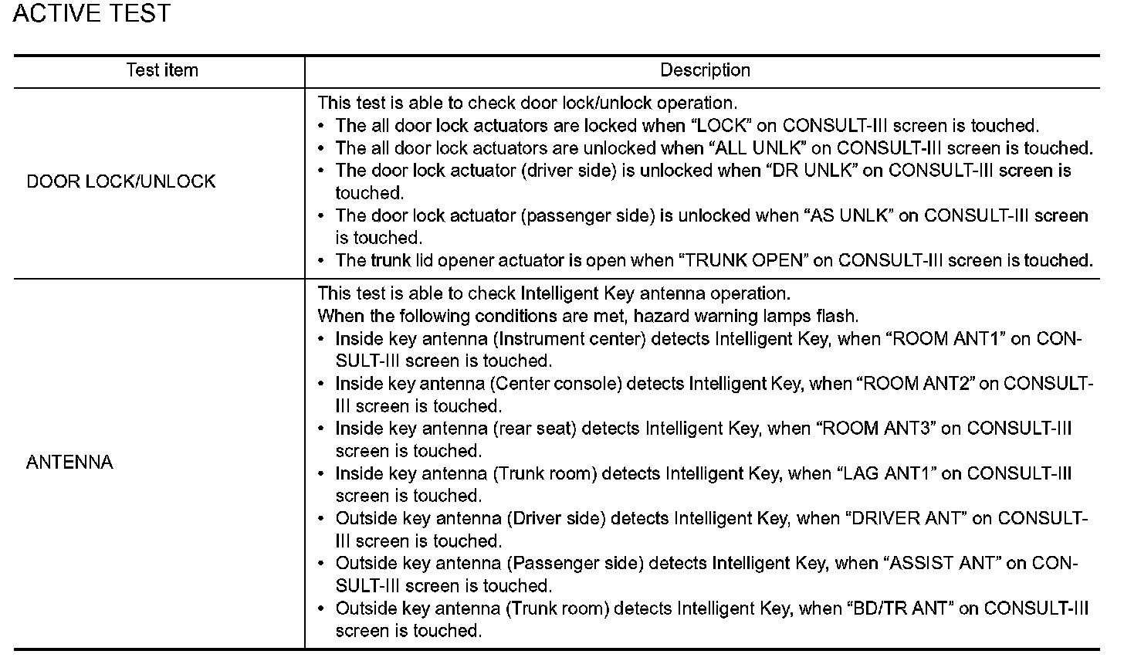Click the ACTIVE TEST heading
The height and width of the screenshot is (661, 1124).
(92, 14)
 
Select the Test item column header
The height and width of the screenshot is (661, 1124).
(162, 70)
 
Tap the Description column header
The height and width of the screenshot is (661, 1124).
(705, 70)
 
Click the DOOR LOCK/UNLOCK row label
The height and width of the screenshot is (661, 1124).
(121, 182)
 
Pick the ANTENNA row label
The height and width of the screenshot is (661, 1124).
(69, 463)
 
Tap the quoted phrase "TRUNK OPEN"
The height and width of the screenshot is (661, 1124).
(743, 261)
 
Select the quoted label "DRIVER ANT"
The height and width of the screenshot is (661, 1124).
(907, 518)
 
